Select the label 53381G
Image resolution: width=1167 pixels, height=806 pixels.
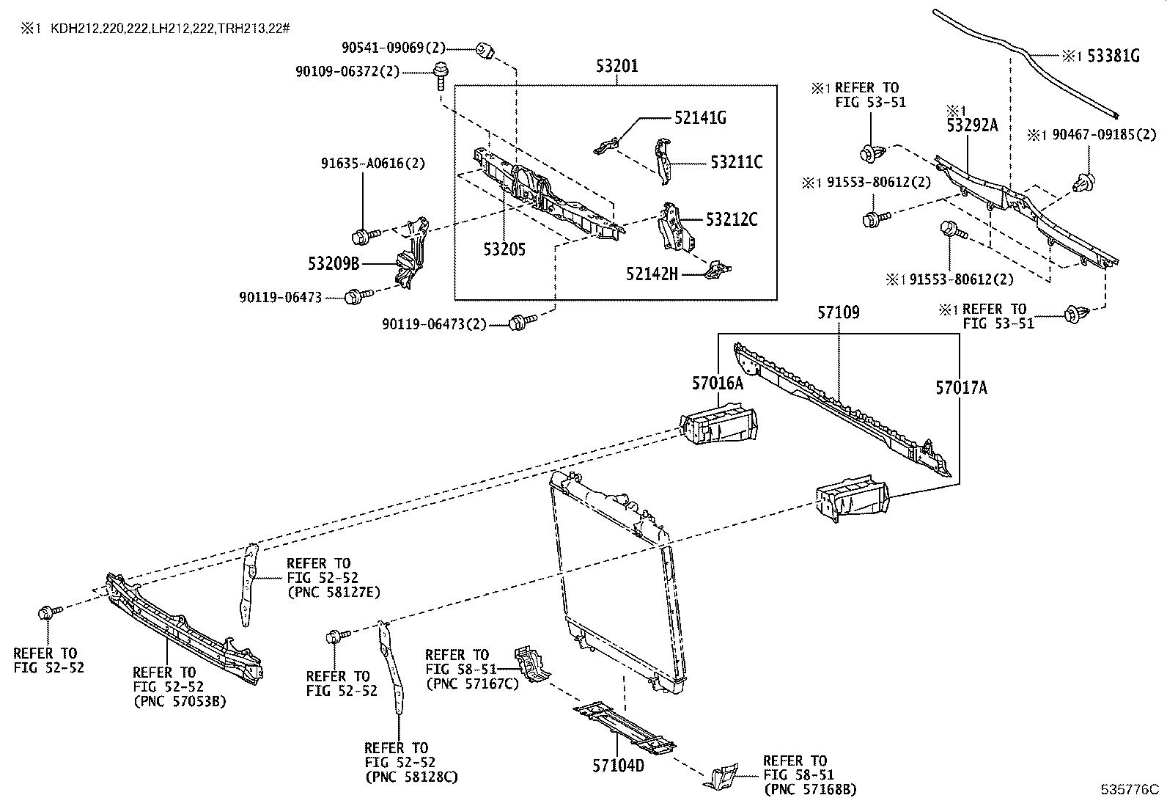1113,55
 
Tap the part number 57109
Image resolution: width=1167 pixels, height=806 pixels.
839,313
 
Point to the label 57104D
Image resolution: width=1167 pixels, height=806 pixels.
618,766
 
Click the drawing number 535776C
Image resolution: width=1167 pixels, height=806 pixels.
1130,790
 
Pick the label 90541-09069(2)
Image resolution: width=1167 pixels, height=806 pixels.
394,48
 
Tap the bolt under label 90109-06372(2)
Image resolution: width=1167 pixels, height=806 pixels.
441,76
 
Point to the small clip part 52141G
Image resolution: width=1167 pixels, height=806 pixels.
605,144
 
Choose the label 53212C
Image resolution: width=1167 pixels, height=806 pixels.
731,219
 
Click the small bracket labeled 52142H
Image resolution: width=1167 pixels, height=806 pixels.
717,271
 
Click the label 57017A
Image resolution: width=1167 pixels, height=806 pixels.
960,388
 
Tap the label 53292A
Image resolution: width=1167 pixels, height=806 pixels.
972,125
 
